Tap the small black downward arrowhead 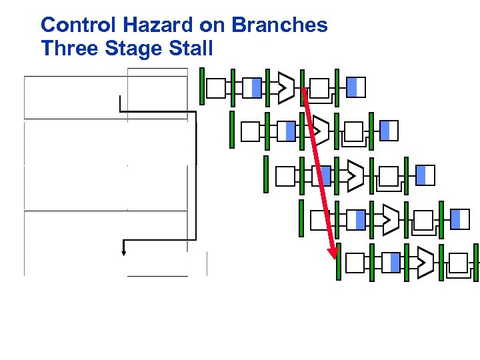123,251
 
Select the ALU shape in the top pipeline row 286,87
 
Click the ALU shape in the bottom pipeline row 425,263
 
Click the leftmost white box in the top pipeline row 216,88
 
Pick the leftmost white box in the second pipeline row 250,131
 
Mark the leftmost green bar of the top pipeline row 202,87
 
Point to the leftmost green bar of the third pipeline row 266,175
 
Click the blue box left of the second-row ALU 290,131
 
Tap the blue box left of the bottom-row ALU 395,263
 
